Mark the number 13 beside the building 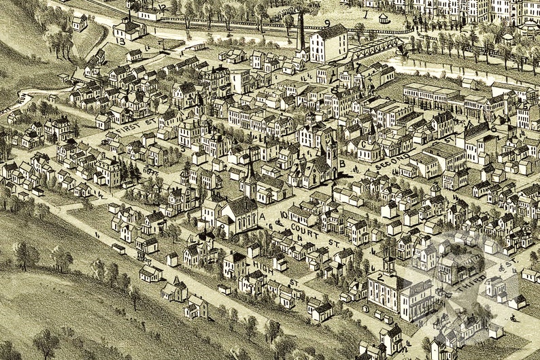click(x=120, y=41)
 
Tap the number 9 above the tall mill click(x=327, y=23)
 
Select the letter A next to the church click(x=261, y=216)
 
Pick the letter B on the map click(x=342, y=163)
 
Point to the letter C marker click(x=371, y=144)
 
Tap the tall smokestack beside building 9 click(x=301, y=31)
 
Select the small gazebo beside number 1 click(x=384, y=17)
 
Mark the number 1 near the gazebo click(x=365, y=14)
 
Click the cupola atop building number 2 click(x=389, y=262)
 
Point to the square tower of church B click(x=331, y=148)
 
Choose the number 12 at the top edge click(x=161, y=8)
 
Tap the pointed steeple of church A click(x=250, y=167)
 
